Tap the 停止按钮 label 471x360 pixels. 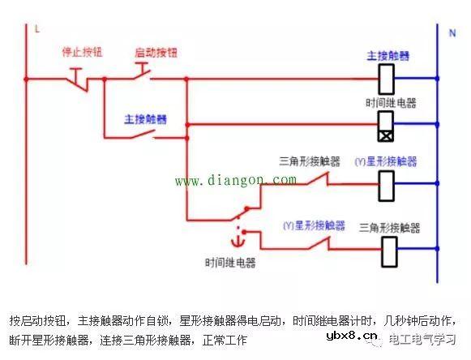pyautogui.click(x=81, y=53)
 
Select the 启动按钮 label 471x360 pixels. pyautogui.click(x=156, y=53)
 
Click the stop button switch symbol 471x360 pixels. pyautogui.click(x=79, y=79)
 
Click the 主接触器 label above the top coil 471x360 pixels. pyautogui.click(x=388, y=56)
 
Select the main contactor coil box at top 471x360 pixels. pyautogui.click(x=388, y=79)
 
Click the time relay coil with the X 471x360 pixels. pyautogui.click(x=388, y=125)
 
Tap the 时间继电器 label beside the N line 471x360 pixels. pyautogui.click(x=391, y=103)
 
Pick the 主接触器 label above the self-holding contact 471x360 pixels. pyautogui.click(x=146, y=118)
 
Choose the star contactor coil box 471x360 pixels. pyautogui.click(x=388, y=185)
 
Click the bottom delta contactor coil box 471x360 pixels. pyautogui.click(x=389, y=251)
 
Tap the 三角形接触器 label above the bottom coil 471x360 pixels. pyautogui.click(x=390, y=227)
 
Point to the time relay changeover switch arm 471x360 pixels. pyautogui.click(x=240, y=213)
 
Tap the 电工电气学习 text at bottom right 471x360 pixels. pyautogui.click(x=422, y=338)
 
